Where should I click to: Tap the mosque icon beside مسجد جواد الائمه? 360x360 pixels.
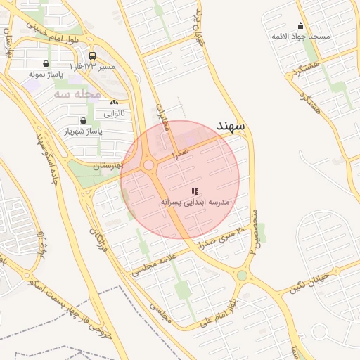click(x=301, y=26)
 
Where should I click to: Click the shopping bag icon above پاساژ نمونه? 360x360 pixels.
click(x=46, y=63)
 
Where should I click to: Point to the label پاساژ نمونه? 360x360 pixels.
click(x=46, y=73)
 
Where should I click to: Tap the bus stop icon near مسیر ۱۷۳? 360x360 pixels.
click(x=92, y=56)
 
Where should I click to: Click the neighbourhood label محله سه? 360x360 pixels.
click(x=77, y=93)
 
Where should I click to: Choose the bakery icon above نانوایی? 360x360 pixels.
click(x=114, y=103)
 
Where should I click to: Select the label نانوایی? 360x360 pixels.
click(x=114, y=112)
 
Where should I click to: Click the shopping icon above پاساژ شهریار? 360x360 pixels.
click(x=83, y=120)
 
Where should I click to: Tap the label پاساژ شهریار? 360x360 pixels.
click(x=84, y=131)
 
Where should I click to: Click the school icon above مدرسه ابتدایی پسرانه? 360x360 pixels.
click(x=195, y=191)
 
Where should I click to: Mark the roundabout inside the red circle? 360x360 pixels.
click(x=149, y=165)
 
